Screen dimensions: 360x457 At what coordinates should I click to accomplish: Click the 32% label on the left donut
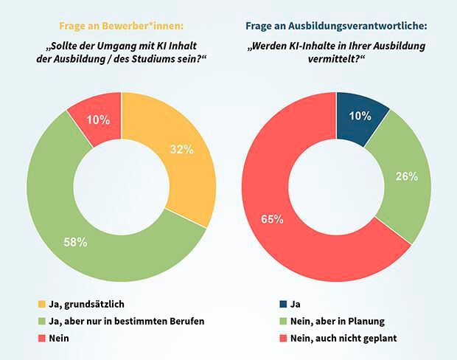click(x=181, y=150)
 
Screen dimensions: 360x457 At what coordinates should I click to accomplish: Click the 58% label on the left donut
click(x=76, y=242)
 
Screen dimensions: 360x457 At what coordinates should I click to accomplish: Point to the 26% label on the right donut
click(x=406, y=176)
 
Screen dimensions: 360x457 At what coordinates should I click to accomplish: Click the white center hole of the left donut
click(x=122, y=187)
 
